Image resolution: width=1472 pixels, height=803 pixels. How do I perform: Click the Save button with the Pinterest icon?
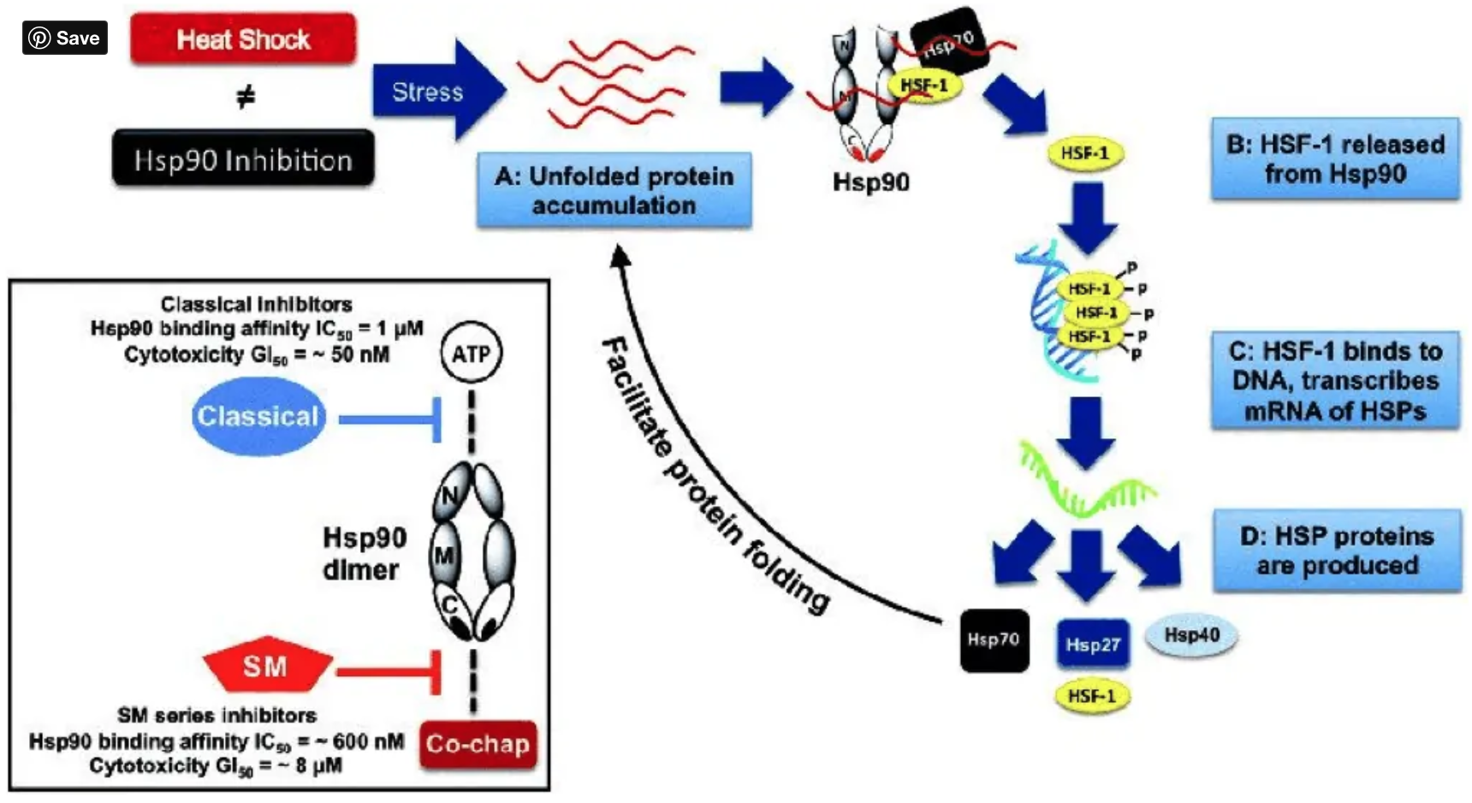pyautogui.click(x=65, y=38)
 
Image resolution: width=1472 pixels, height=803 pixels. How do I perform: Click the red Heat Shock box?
pyautogui.click(x=243, y=39)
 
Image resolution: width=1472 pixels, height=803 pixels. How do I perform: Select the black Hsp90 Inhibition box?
pyautogui.click(x=243, y=159)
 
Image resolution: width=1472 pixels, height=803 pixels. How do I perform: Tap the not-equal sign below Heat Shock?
pyautogui.click(x=246, y=98)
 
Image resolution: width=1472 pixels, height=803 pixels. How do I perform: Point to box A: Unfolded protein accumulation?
pyautogui.click(x=614, y=190)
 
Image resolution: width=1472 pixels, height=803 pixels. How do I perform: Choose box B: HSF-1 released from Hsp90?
pyautogui.click(x=1334, y=159)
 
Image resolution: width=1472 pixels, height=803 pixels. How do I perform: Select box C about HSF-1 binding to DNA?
pyautogui.click(x=1334, y=380)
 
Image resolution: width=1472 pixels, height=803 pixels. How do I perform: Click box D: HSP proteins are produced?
pyautogui.click(x=1337, y=550)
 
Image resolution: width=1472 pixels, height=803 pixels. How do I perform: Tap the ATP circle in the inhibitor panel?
pyautogui.click(x=471, y=354)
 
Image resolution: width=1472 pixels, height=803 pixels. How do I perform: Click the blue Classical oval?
pyautogui.click(x=258, y=417)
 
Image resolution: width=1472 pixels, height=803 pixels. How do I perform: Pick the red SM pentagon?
pyautogui.click(x=266, y=665)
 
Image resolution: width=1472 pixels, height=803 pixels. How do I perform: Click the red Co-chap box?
pyautogui.click(x=478, y=744)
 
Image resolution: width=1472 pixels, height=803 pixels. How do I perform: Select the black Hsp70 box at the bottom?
pyautogui.click(x=994, y=639)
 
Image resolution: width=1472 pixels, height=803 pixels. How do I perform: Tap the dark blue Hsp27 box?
pyautogui.click(x=1093, y=645)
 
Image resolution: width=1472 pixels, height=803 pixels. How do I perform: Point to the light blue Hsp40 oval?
pyautogui.click(x=1191, y=635)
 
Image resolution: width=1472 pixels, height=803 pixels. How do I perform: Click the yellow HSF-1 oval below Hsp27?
pyautogui.click(x=1092, y=696)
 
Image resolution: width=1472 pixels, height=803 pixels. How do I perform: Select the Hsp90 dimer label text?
pyautogui.click(x=364, y=553)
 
